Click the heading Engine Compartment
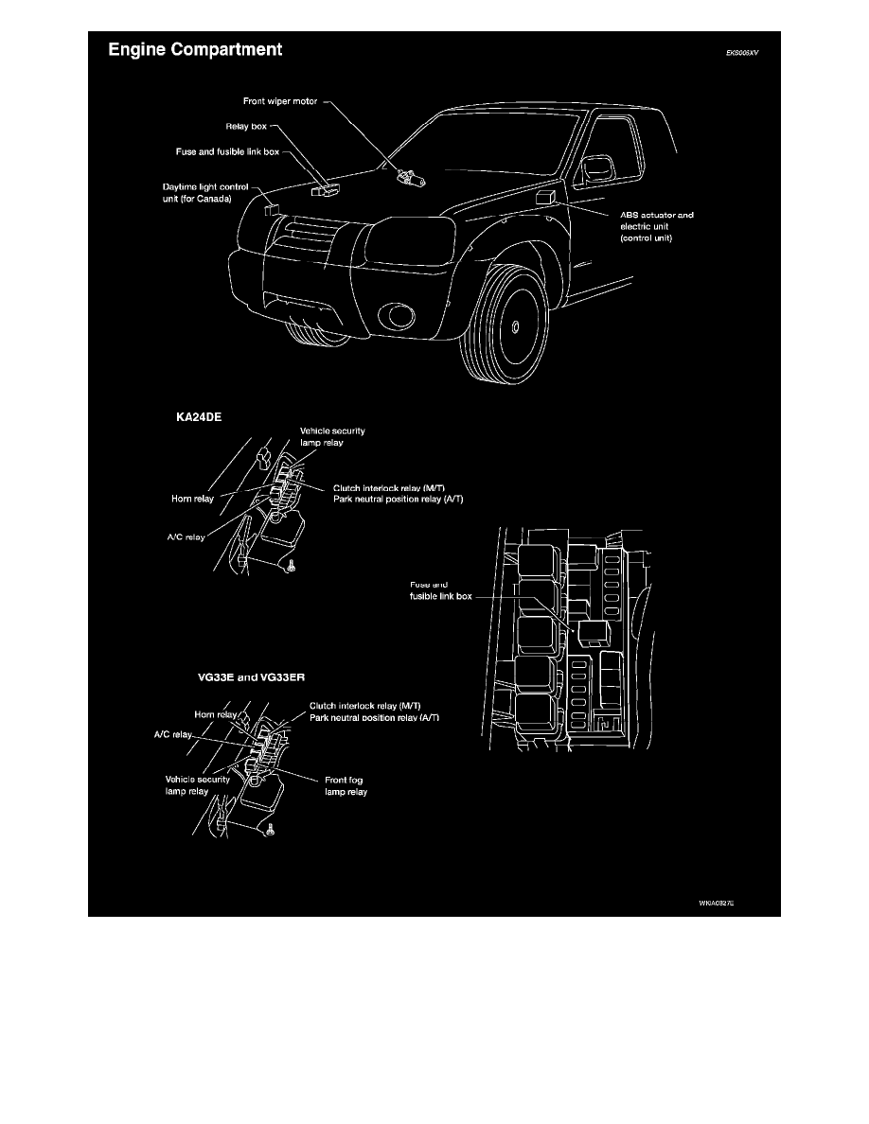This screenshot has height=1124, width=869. [x=194, y=49]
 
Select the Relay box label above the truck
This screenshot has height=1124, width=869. [x=245, y=125]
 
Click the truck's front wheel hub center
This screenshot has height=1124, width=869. [x=514, y=328]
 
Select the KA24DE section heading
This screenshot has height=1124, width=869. [x=200, y=415]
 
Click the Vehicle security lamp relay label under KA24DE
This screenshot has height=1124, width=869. [x=331, y=436]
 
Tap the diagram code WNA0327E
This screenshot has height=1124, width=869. [x=717, y=904]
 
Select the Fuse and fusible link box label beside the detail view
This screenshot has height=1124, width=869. [x=434, y=591]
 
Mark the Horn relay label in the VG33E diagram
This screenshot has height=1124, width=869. [x=214, y=715]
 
